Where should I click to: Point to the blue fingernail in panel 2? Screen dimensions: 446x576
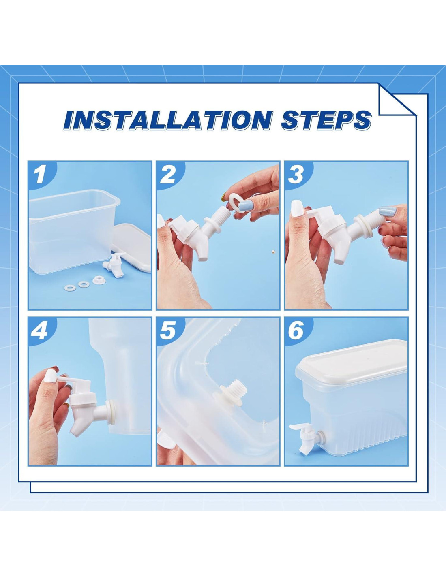245,206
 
